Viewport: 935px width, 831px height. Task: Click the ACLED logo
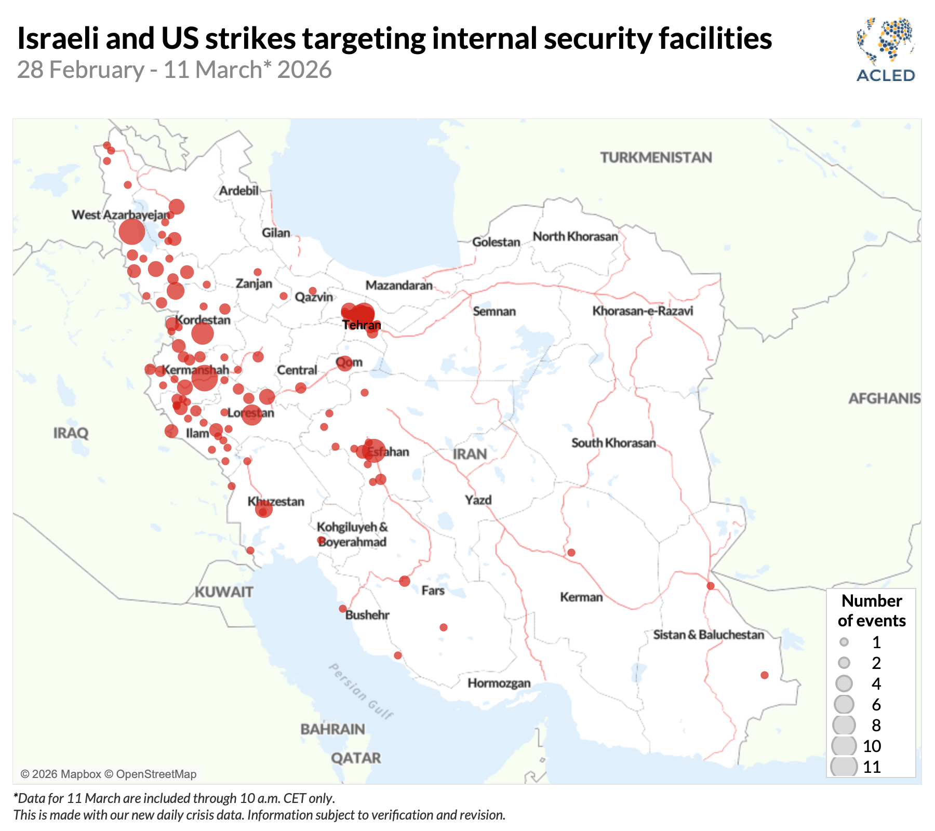pos(886,50)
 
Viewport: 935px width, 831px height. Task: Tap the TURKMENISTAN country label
pos(656,157)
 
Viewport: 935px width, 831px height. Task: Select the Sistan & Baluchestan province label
pos(709,635)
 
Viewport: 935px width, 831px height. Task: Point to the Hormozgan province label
pos(499,683)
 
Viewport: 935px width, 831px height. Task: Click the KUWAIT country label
pos(224,592)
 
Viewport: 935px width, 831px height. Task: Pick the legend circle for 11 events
pos(844,767)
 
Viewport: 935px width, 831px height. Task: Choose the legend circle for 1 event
pos(844,642)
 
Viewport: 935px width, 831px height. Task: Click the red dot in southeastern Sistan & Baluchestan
pos(764,675)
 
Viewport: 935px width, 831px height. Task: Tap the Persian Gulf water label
pos(362,691)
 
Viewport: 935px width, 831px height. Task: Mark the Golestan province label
pos(496,242)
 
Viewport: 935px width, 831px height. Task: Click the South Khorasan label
pos(613,443)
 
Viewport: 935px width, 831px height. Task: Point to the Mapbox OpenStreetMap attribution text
pos(109,774)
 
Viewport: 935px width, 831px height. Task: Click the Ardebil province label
pos(238,191)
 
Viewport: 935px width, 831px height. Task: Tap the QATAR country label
pos(356,758)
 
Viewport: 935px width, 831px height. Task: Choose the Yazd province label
pos(478,500)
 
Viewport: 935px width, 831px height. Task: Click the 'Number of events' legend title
pos(872,610)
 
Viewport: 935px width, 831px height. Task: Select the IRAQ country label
pos(71,433)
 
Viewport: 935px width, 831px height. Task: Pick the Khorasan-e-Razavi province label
pos(643,311)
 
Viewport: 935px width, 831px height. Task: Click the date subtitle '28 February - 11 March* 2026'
pos(175,70)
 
